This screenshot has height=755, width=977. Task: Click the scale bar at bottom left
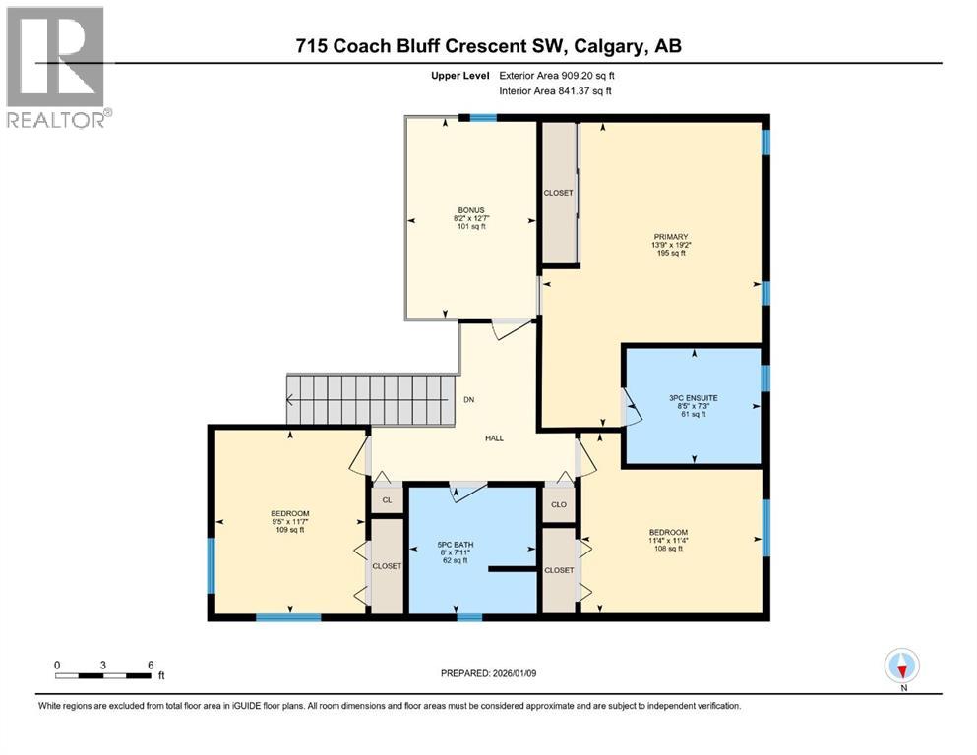pyautogui.click(x=103, y=675)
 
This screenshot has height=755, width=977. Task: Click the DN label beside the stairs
pyautogui.click(x=471, y=400)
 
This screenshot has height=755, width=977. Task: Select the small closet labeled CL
pyautogui.click(x=387, y=501)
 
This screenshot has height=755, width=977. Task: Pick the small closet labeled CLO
pyautogui.click(x=558, y=505)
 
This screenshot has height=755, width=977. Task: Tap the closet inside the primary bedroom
pyautogui.click(x=558, y=193)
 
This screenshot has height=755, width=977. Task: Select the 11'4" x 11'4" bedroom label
pyautogui.click(x=668, y=540)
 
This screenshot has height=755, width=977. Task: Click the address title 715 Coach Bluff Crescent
pyautogui.click(x=489, y=46)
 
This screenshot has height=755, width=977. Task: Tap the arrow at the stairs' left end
pyautogui.click(x=292, y=400)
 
